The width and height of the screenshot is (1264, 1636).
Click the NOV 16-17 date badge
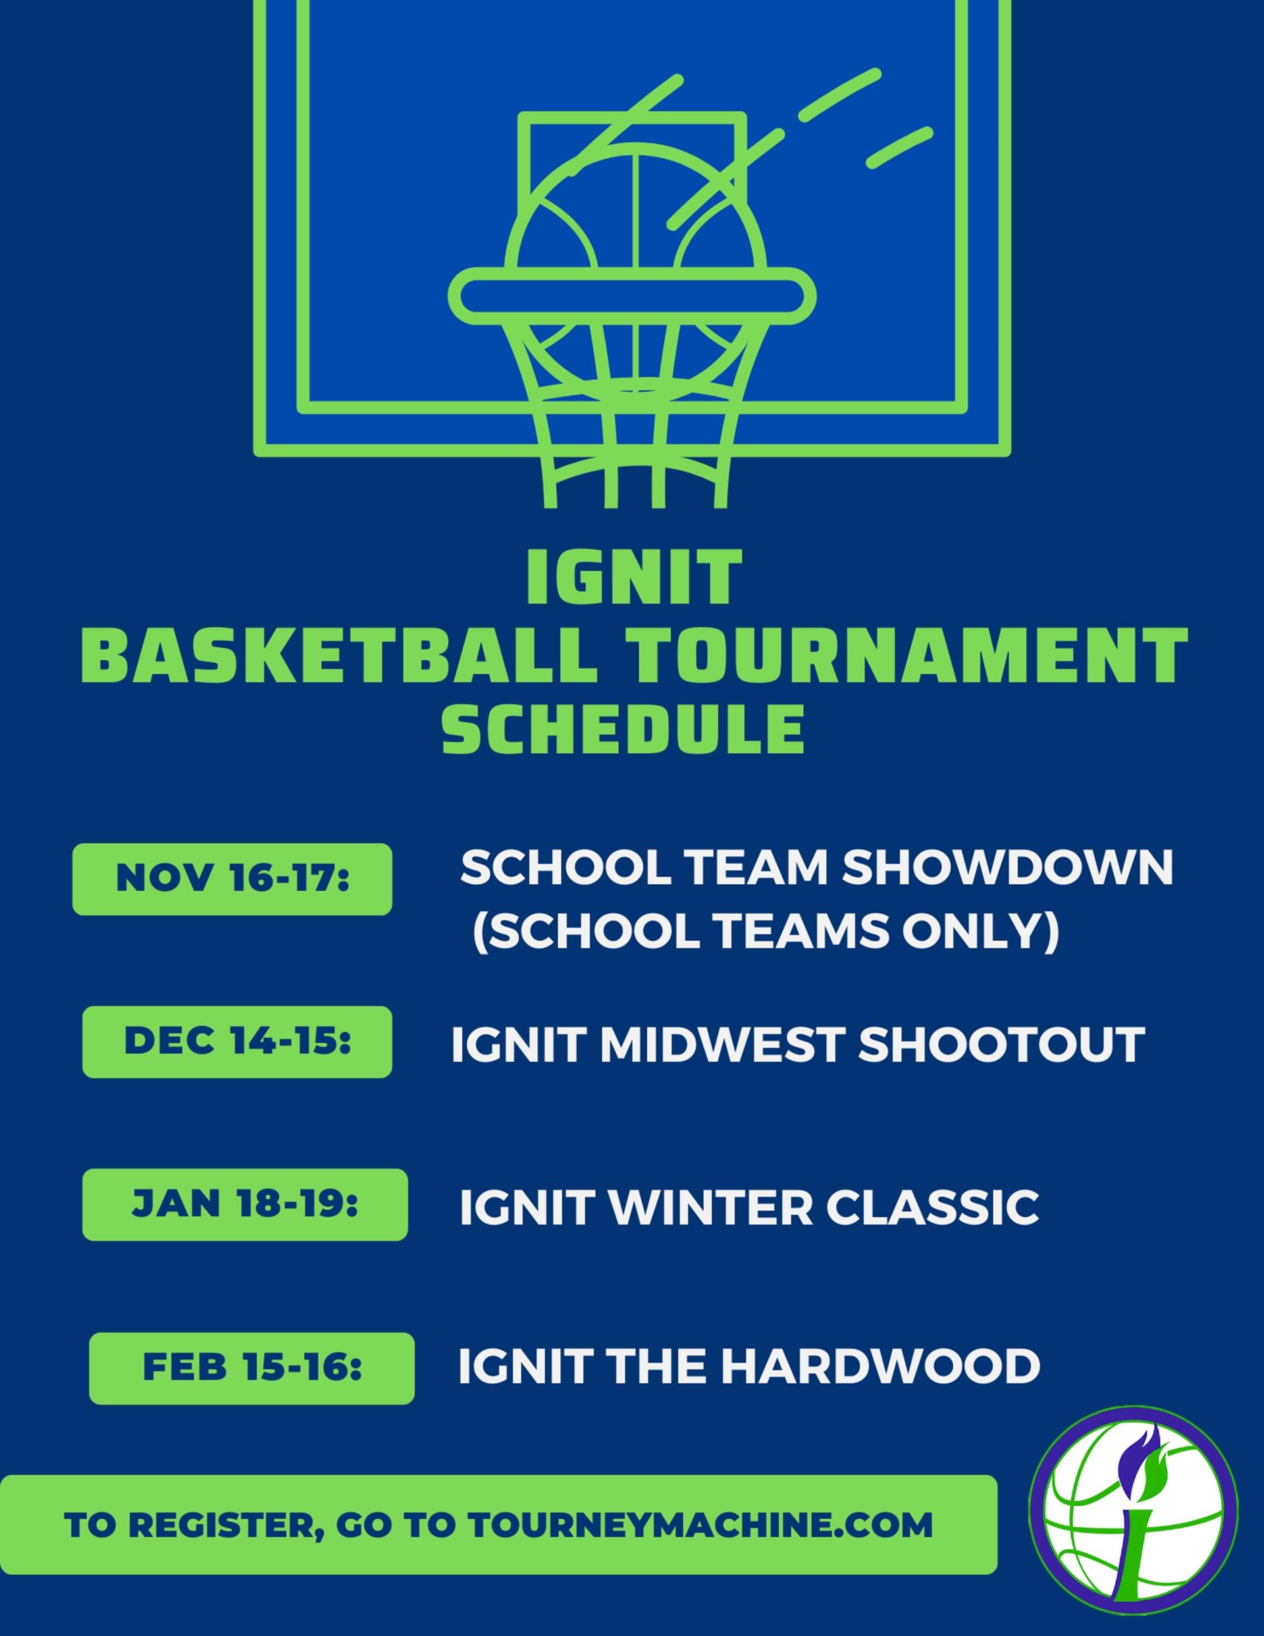[x=232, y=879]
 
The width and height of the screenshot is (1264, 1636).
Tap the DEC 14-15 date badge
[x=237, y=1042]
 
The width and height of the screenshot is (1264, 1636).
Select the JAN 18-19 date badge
[x=245, y=1205]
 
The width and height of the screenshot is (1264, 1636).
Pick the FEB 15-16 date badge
[x=251, y=1368]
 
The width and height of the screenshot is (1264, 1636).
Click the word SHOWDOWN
[x=1008, y=868]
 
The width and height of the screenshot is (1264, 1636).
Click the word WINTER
[x=710, y=1207]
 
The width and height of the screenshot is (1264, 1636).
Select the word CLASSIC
[x=932, y=1207]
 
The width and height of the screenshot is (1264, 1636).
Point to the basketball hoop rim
[x=631, y=296]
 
